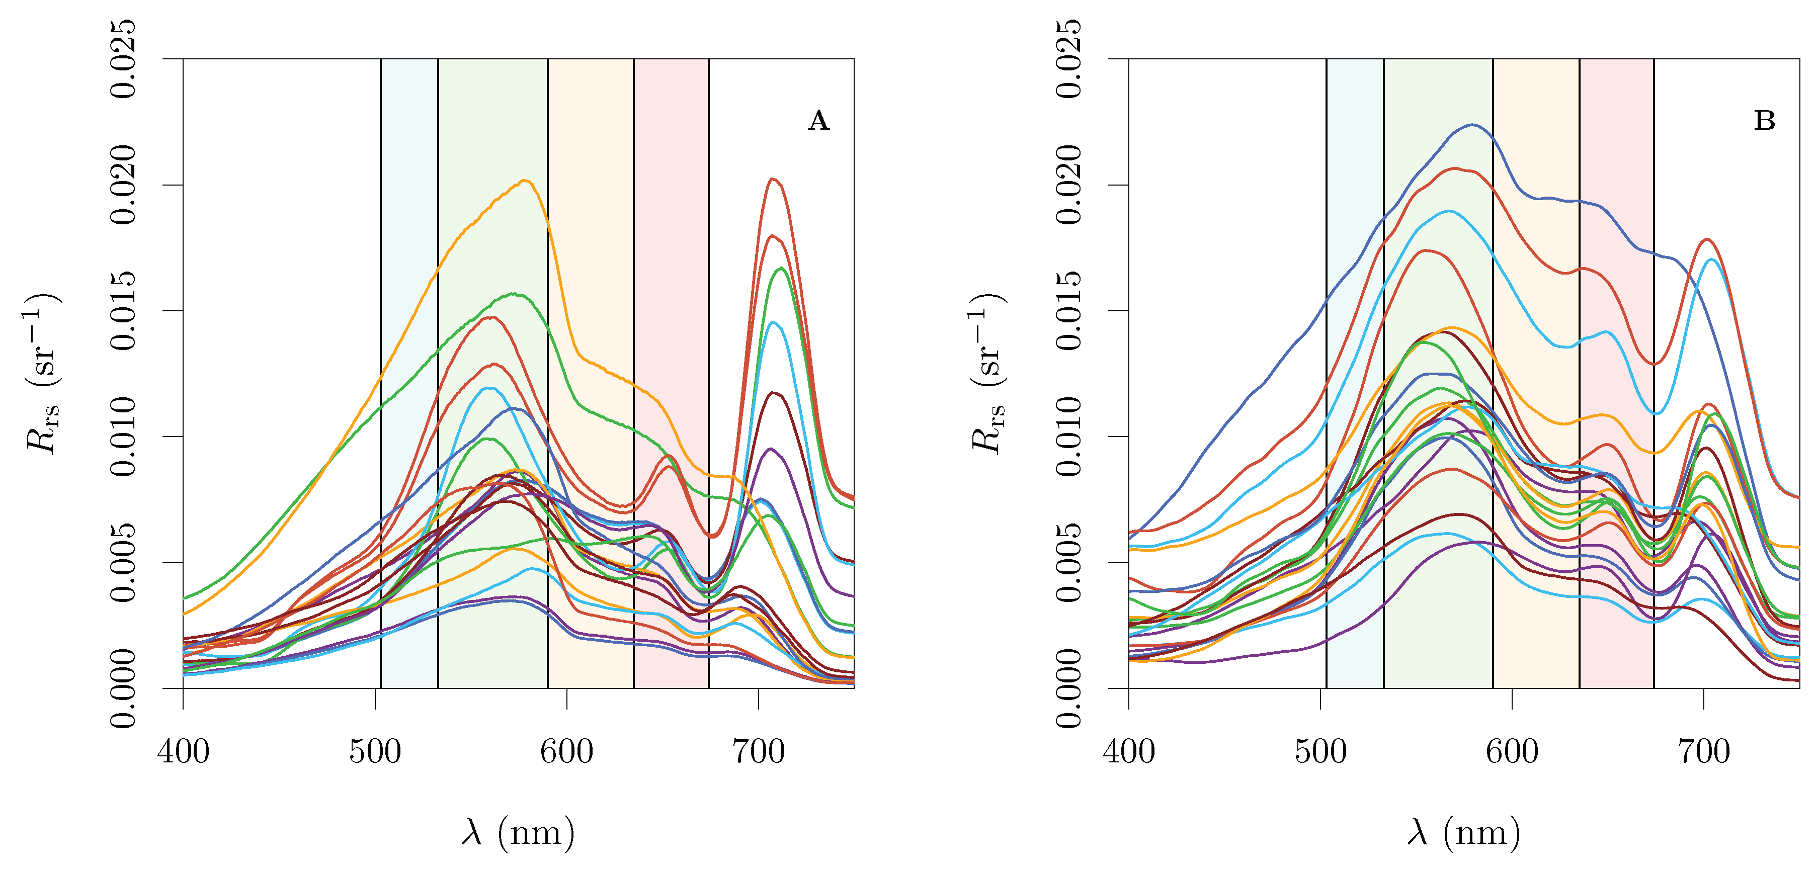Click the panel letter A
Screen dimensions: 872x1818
point(818,121)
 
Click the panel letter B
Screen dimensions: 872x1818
point(1764,121)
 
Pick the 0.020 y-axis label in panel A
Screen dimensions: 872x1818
point(124,185)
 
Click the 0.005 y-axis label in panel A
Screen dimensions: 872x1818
point(124,562)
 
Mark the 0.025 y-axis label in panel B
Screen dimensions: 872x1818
point(1069,59)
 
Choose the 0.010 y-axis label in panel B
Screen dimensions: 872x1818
point(1069,436)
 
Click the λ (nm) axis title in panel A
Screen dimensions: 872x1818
point(519,832)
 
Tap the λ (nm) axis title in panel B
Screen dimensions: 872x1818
point(1464,832)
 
